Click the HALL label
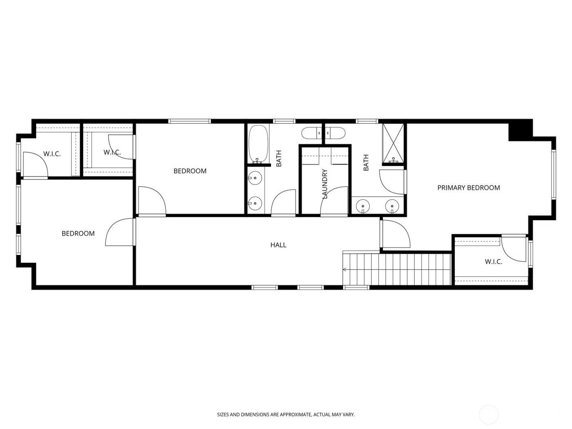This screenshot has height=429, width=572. [x=278, y=245]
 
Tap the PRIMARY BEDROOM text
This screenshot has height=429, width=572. [x=468, y=188]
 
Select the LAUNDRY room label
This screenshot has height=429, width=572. [x=325, y=184]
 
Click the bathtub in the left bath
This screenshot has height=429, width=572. [x=258, y=144]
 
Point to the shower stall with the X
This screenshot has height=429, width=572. [x=393, y=143]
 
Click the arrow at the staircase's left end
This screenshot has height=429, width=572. [x=345, y=270]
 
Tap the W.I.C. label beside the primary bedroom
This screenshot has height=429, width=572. [x=493, y=262]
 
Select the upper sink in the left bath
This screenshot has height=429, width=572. [x=255, y=178]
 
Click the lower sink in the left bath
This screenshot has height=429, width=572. [x=255, y=202]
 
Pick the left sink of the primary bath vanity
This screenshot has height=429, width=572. [x=362, y=206]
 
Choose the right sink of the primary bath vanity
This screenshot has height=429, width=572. [x=392, y=206]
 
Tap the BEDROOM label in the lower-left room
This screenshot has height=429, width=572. [x=78, y=234]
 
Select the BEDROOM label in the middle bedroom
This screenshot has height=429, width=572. [x=190, y=171]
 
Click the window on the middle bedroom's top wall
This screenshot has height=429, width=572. [x=190, y=121]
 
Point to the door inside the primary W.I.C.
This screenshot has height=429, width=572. [x=514, y=248]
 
